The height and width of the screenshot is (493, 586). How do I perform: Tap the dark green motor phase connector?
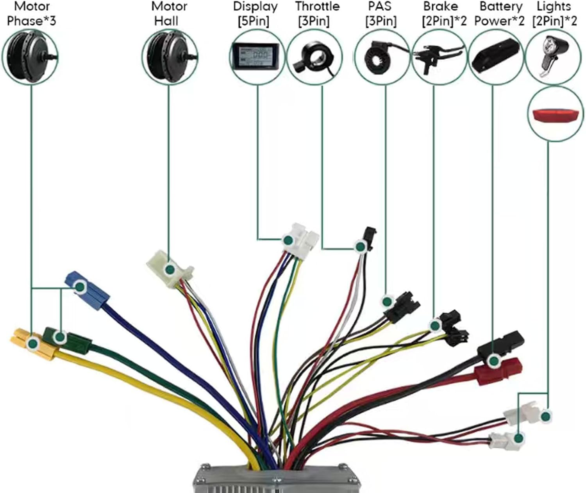(x=66, y=338)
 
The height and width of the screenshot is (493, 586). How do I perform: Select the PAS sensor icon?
(x=381, y=57)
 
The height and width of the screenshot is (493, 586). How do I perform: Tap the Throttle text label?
(x=317, y=7)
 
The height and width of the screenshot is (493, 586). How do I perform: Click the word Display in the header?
(x=255, y=7)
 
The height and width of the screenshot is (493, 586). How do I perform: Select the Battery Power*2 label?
(x=500, y=14)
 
